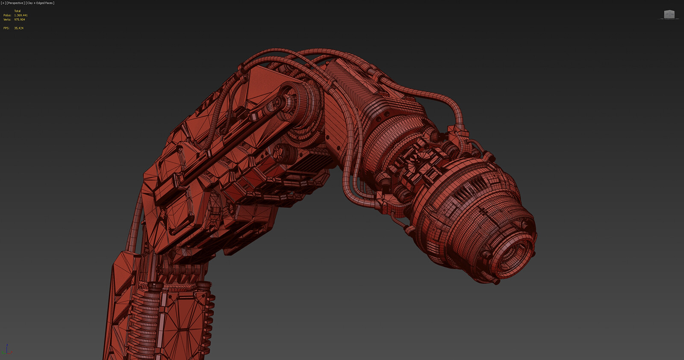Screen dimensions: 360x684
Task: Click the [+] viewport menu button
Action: click(x=3, y=3)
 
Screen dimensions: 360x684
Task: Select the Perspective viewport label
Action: click(x=15, y=3)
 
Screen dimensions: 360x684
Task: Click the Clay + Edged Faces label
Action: click(x=40, y=3)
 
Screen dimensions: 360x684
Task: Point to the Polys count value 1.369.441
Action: click(x=21, y=15)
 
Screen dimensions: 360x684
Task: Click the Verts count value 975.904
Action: click(x=19, y=20)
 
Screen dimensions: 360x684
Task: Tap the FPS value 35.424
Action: click(x=18, y=28)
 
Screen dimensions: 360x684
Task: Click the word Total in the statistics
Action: click(x=17, y=11)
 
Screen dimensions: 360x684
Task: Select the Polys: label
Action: click(x=7, y=15)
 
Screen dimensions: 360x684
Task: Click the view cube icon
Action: click(x=669, y=15)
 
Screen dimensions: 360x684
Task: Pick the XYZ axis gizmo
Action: click(x=7, y=350)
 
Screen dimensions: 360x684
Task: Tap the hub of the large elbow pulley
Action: click(x=279, y=102)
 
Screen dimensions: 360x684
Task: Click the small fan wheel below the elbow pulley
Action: click(x=282, y=152)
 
